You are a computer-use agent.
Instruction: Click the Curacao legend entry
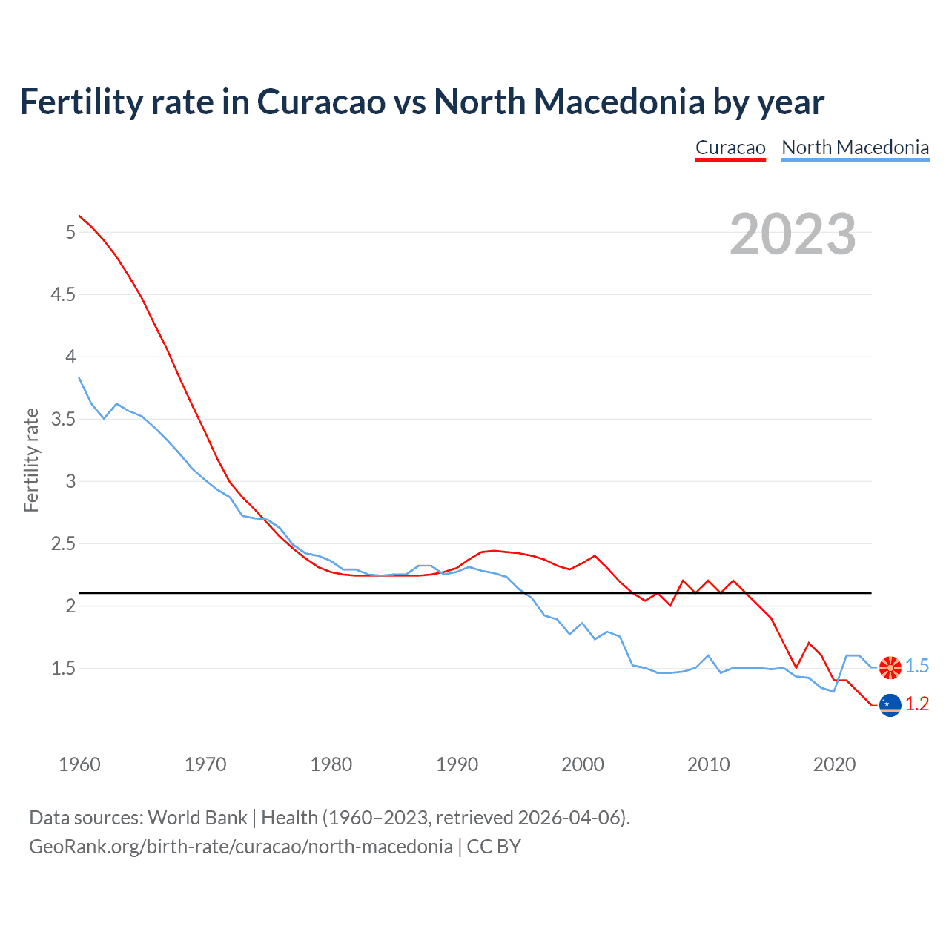coord(730,148)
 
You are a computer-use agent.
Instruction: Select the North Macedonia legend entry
coord(855,148)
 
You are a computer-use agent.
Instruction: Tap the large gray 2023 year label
coord(793,234)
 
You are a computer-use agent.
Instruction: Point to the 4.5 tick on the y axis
coord(63,295)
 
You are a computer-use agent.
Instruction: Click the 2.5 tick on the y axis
coord(63,544)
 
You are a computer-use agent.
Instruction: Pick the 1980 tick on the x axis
coord(331,764)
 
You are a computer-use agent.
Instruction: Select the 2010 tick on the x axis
coord(709,764)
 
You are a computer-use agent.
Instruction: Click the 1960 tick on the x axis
coord(79,764)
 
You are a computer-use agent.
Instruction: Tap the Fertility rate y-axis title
coord(31,460)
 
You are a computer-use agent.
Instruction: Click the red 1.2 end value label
coord(917,704)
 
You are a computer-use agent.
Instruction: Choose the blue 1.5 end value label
coord(917,667)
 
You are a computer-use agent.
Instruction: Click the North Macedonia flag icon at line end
coord(890,667)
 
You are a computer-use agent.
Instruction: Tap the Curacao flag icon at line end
coord(890,705)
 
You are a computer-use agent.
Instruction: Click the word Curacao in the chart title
coord(321,102)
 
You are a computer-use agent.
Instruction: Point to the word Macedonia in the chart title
coord(618,102)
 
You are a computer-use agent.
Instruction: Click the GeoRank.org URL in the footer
coord(241,847)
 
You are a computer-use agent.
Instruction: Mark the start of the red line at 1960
coord(79,216)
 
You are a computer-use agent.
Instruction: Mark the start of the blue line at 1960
coord(79,378)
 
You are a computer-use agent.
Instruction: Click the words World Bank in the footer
coord(197,818)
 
